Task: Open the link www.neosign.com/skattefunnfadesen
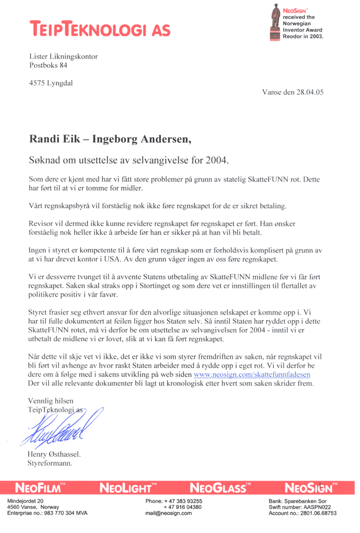tap(251, 375)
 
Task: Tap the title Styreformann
tap(49, 463)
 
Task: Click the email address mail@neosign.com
tap(169, 513)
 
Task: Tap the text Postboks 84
tap(48, 65)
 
